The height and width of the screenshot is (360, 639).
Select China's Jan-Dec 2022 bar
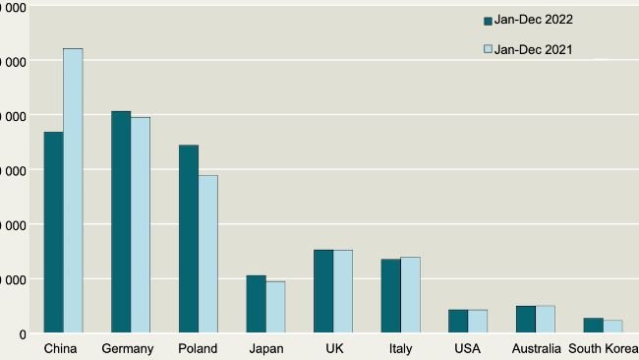[53, 232]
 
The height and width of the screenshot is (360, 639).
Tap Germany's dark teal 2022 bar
[121, 221]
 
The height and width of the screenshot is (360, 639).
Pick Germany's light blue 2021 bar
[141, 224]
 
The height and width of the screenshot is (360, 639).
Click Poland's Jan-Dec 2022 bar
[189, 239]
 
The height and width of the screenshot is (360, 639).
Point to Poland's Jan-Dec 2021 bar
[208, 254]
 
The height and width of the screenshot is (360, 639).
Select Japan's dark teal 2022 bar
[256, 304]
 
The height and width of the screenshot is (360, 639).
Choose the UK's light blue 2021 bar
[343, 291]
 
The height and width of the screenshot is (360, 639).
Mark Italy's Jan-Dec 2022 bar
[391, 296]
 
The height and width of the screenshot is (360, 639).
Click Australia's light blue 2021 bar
[546, 320]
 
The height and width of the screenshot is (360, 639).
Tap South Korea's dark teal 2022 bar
[594, 326]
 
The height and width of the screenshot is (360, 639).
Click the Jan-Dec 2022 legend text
[534, 20]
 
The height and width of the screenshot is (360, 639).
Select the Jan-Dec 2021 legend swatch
[488, 49]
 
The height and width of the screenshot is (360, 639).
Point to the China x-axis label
[62, 348]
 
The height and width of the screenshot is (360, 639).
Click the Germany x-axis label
[128, 348]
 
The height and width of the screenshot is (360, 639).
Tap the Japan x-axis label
[265, 348]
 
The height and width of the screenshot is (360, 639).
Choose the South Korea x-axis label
[603, 348]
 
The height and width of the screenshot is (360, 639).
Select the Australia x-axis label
[537, 348]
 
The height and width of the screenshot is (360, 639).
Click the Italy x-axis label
[400, 348]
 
